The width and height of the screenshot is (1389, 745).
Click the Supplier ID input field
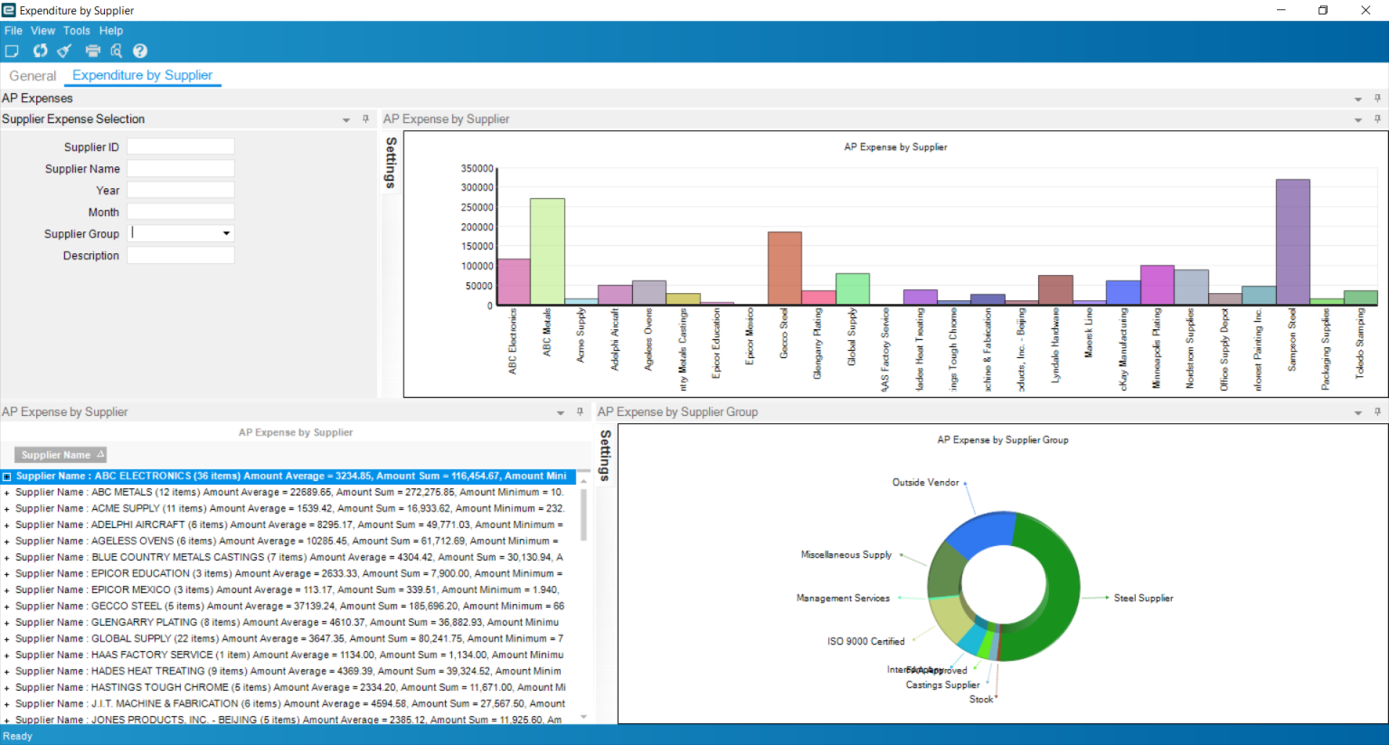coord(180,146)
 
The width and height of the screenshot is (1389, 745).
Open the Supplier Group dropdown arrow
coord(226,233)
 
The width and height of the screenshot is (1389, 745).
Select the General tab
coord(33,76)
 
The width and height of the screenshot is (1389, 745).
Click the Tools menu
coord(77,31)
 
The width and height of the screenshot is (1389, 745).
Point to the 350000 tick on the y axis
coord(477,169)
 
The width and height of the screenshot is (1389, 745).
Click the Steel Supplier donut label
coord(1143,598)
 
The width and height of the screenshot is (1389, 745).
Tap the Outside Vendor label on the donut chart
coord(925,483)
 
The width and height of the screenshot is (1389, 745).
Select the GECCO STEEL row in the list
coord(289,606)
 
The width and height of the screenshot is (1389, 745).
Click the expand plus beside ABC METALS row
coord(7,493)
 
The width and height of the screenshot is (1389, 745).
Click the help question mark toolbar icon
coord(140,51)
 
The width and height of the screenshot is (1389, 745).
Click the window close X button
coord(1365,10)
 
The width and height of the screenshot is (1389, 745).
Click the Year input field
coord(180,190)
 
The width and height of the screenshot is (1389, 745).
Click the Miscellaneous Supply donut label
coord(846,555)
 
